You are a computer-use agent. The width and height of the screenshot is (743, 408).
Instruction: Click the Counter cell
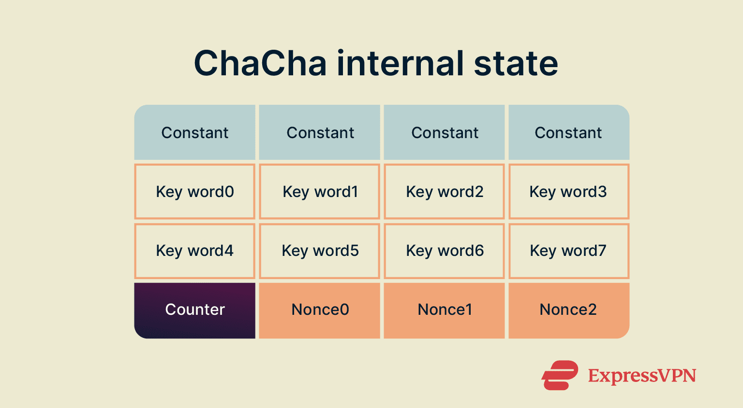[x=195, y=310]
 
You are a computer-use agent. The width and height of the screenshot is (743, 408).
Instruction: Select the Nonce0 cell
[x=320, y=310]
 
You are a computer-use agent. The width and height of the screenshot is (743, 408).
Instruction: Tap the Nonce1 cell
[x=445, y=310]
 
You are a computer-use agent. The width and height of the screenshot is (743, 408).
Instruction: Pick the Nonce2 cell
[x=568, y=310]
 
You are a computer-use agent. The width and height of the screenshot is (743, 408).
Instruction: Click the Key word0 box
[x=195, y=192]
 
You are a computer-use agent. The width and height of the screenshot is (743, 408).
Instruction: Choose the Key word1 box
[x=320, y=192]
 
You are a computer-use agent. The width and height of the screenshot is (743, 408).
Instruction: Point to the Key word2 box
[x=445, y=192]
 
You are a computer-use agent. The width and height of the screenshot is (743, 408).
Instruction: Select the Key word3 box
[x=568, y=192]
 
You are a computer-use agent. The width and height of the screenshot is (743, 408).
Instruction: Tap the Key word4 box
[x=195, y=251]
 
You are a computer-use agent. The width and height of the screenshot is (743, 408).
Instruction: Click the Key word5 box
[x=320, y=251]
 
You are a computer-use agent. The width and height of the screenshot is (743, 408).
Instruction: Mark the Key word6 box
[x=445, y=251]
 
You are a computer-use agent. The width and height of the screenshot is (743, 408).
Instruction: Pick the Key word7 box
[x=568, y=251]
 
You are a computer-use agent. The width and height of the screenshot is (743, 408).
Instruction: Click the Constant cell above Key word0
[x=195, y=133]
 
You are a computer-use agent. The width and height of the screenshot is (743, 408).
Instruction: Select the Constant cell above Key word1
[x=320, y=133]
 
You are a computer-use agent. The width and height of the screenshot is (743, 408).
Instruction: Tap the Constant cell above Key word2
[x=445, y=133]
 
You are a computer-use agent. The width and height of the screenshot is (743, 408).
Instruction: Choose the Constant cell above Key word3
[x=568, y=133]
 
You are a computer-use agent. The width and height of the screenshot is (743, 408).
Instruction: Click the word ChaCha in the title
[x=260, y=64]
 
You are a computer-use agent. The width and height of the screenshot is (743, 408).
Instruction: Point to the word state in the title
[x=516, y=64]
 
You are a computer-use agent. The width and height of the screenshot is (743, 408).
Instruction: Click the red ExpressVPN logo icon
[x=560, y=375]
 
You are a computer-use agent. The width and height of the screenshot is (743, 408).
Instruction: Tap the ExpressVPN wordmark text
[x=642, y=376]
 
